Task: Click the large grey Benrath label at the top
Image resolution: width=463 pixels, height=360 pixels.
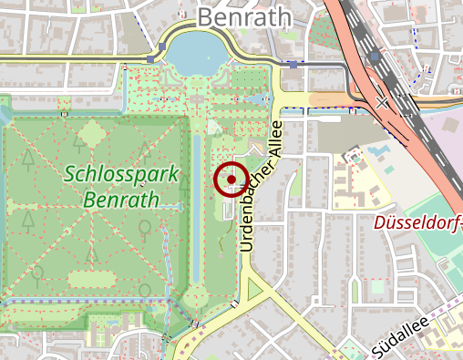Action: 243,16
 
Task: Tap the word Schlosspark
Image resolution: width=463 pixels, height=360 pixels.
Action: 120,173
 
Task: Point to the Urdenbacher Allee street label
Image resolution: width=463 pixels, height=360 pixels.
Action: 262,179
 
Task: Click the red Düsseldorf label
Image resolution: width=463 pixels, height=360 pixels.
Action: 419,221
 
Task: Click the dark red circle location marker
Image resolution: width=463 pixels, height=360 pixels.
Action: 231,180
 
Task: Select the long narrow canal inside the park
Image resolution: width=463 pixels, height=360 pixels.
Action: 195,210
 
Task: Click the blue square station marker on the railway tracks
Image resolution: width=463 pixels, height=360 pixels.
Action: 375,57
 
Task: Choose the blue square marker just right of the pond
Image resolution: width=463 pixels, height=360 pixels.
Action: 293,65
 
